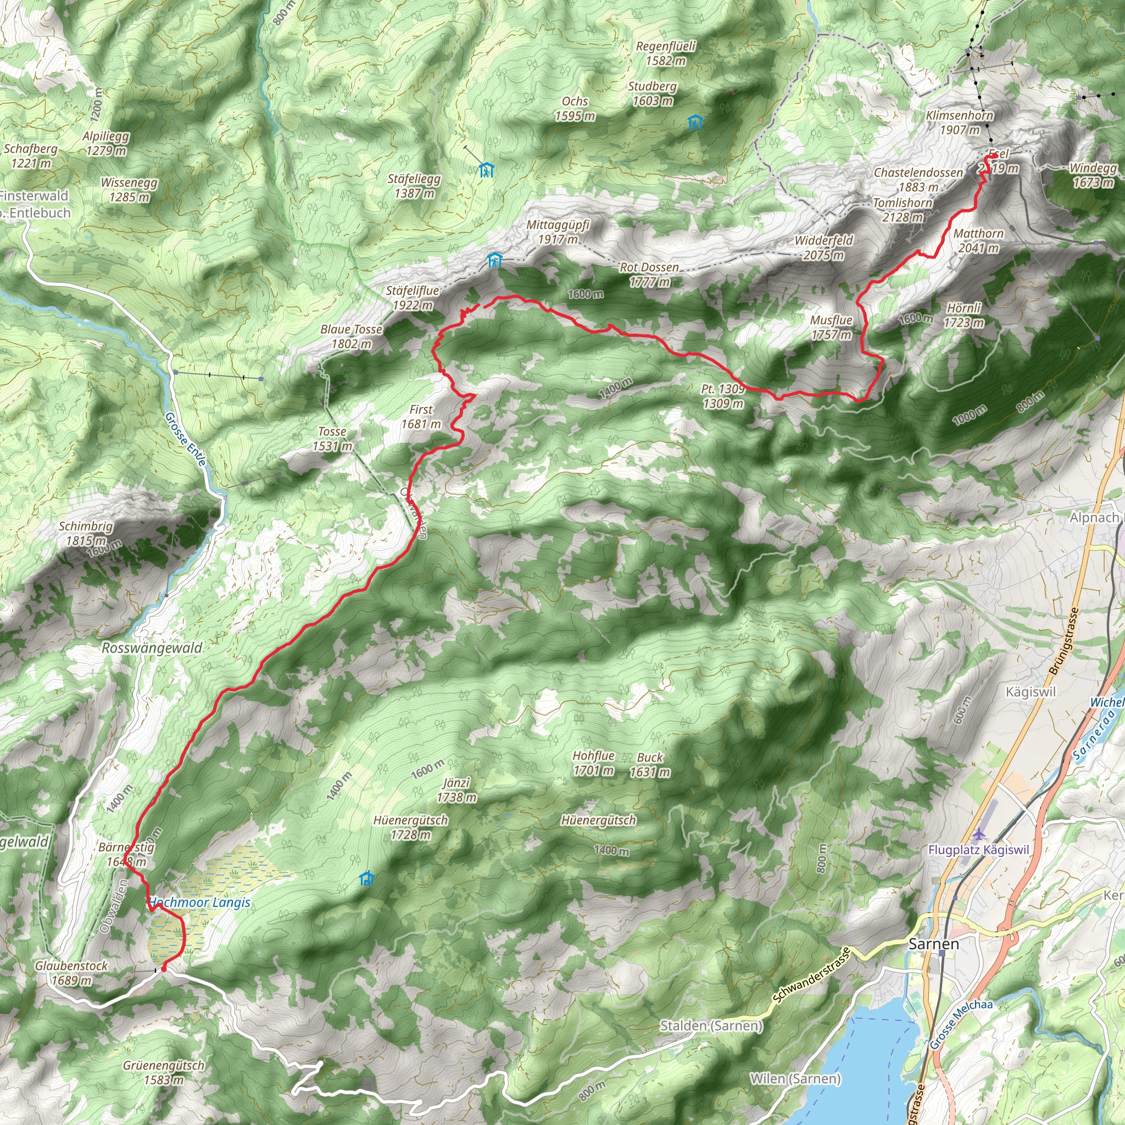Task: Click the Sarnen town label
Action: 933,944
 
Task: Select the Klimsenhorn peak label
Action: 960,116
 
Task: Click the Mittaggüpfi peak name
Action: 558,225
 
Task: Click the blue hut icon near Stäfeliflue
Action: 494,260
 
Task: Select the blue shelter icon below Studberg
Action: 695,122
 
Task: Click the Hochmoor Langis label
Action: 200,903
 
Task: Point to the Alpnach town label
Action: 1094,517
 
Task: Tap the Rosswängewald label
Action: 152,648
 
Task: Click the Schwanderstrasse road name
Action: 812,976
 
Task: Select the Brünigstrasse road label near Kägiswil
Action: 1063,641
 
